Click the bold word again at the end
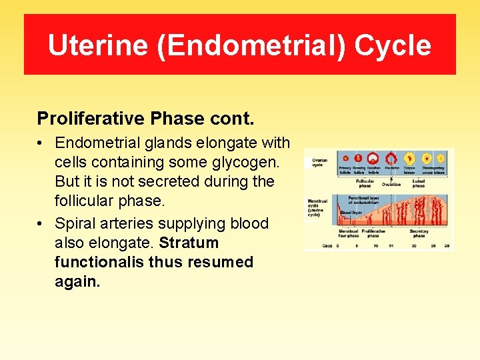click(x=77, y=281)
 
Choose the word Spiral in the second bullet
click(x=77, y=223)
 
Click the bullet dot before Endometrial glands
click(x=41, y=143)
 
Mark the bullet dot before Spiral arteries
click(x=41, y=224)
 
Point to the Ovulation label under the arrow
click(x=391, y=184)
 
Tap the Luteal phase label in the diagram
click(x=418, y=183)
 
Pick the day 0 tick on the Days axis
click(x=338, y=245)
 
